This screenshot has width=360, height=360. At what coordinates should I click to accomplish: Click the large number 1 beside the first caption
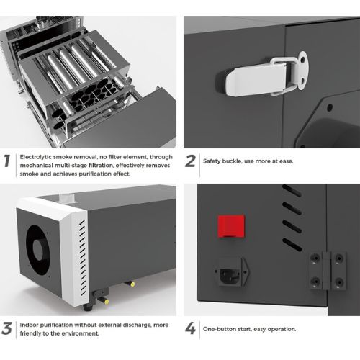(x=7, y=161)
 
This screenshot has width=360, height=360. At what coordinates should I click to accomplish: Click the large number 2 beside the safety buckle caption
(x=190, y=161)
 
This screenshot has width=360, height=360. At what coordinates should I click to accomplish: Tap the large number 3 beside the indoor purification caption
(x=6, y=328)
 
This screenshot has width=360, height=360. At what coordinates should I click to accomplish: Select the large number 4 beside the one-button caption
(x=190, y=328)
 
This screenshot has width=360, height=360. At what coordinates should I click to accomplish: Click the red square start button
(x=231, y=226)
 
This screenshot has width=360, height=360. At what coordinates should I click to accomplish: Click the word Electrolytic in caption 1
(x=36, y=157)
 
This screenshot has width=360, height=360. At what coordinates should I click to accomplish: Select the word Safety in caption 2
(x=212, y=161)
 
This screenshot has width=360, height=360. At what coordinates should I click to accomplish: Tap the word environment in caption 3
(x=84, y=333)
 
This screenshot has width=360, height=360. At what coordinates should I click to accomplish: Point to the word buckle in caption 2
(x=232, y=161)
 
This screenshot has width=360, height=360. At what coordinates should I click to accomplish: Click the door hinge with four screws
(x=327, y=271)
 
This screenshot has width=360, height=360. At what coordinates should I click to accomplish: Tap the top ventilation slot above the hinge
(x=292, y=190)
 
